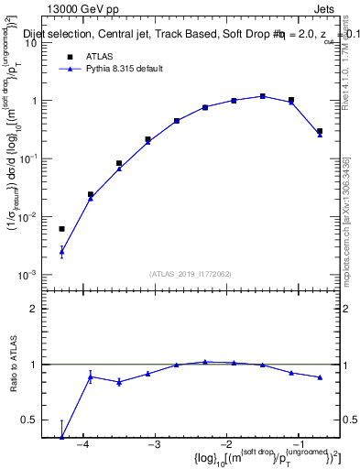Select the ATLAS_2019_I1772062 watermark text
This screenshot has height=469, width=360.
coord(190,273)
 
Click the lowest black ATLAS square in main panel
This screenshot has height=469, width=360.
coord(62,229)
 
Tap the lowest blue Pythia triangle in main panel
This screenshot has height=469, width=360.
coord(62,251)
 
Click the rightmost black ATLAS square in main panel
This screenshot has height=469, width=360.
coord(320,131)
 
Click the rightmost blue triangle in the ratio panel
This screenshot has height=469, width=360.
coord(320,377)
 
